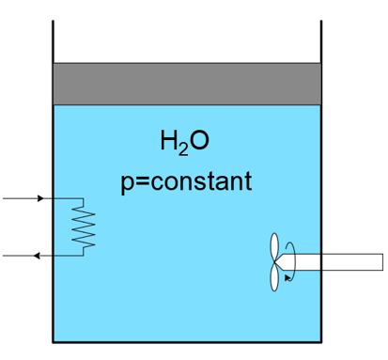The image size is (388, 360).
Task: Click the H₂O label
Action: coord(184,143)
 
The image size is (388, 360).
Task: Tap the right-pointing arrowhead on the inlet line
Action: coord(39,199)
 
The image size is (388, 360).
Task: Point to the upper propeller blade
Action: coord(274,247)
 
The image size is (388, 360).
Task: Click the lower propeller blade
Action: coord(274,275)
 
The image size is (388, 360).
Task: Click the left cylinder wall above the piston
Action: coord(53,38)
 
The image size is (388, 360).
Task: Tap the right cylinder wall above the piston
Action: coord(321,38)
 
